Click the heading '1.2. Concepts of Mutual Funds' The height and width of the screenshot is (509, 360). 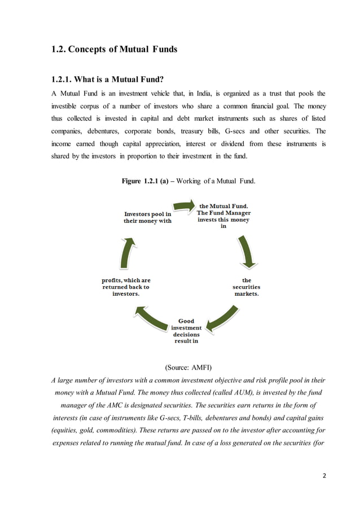click(114, 49)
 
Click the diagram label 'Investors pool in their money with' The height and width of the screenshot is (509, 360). click(147, 217)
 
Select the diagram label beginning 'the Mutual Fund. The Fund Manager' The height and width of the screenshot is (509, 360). click(223, 215)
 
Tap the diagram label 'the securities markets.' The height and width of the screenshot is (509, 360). click(247, 287)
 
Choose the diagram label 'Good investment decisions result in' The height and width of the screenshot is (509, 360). click(186, 331)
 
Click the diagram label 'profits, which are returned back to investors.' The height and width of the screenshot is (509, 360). click(126, 287)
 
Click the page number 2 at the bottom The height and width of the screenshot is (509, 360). click(324, 475)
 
